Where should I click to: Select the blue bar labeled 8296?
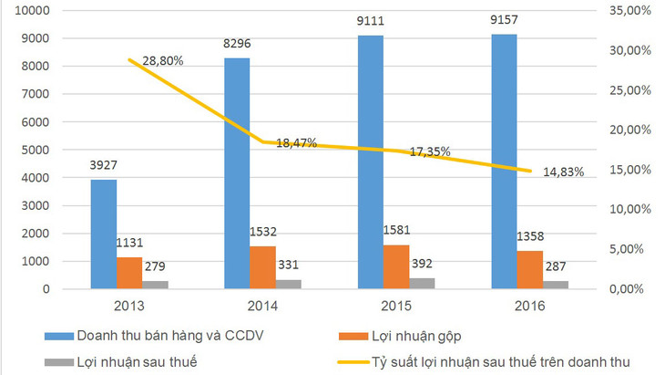[x=237, y=173]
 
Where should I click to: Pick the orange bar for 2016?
[x=530, y=270]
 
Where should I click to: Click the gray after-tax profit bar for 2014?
[x=288, y=285]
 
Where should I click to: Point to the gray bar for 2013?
[x=155, y=285]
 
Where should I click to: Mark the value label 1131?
[x=129, y=243]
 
